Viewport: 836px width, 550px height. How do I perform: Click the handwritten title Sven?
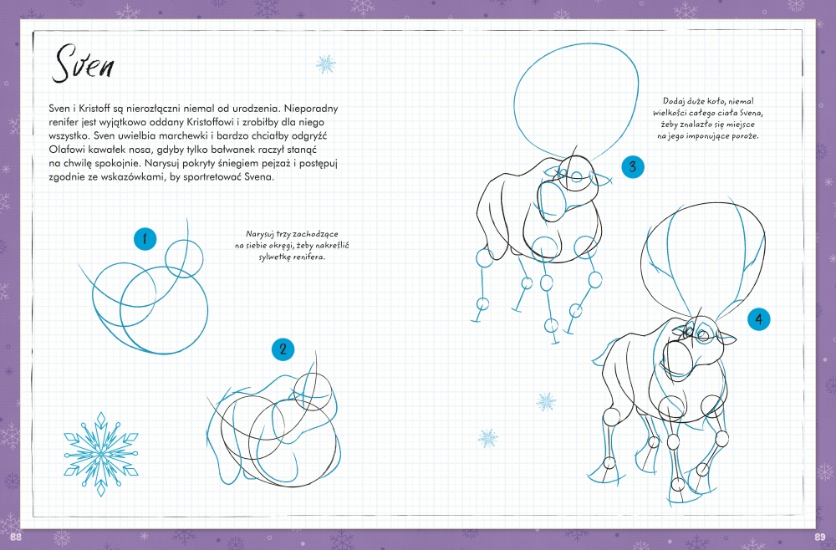click(x=83, y=64)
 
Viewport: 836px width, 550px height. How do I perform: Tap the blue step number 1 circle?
click(x=145, y=239)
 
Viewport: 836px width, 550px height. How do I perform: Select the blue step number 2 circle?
click(x=283, y=349)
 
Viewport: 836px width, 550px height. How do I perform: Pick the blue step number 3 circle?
click(x=632, y=167)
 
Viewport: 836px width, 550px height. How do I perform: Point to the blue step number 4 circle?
click(x=759, y=319)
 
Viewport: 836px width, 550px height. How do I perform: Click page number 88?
click(x=16, y=537)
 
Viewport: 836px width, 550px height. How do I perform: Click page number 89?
click(x=819, y=537)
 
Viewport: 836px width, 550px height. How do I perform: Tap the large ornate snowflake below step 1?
click(x=101, y=454)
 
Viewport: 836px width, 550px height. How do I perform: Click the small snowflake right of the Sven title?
click(x=326, y=64)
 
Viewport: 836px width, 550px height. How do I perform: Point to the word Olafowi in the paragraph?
click(x=65, y=150)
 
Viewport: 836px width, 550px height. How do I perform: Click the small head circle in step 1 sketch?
click(x=185, y=258)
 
